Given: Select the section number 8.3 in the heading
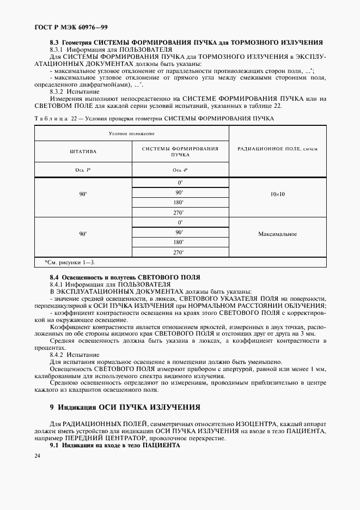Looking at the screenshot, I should pos(54,42).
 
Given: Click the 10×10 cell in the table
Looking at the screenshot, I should pos(278,193).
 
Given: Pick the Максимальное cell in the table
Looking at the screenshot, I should pos(278,234).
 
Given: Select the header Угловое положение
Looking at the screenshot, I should pos(131,133).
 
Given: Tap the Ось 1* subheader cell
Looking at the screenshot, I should pos(83,171).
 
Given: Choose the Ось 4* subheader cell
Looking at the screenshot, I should pos(179,171).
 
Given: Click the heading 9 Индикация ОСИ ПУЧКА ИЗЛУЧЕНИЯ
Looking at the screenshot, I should pos(125,407).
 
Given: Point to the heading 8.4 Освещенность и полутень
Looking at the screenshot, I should pos(125,277).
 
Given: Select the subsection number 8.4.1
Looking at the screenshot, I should pos(58,284).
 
